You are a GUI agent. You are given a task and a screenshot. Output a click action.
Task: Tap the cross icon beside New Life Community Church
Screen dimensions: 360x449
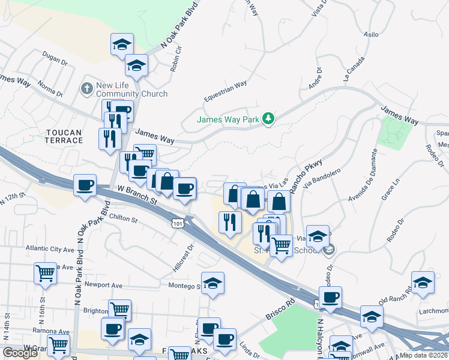click(x=87, y=89)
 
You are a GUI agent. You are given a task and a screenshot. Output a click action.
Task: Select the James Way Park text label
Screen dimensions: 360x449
click(x=228, y=119)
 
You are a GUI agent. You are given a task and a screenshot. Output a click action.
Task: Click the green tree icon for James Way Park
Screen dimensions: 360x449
click(x=269, y=118)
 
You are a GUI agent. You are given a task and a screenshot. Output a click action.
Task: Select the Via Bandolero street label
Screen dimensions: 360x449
click(x=322, y=179)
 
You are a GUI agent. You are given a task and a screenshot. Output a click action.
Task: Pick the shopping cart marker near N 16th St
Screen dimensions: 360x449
click(x=45, y=273)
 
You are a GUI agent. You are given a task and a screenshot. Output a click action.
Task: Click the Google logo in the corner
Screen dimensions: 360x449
click(x=20, y=353)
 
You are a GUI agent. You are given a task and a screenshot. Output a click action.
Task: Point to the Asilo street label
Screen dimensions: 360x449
click(x=372, y=35)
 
